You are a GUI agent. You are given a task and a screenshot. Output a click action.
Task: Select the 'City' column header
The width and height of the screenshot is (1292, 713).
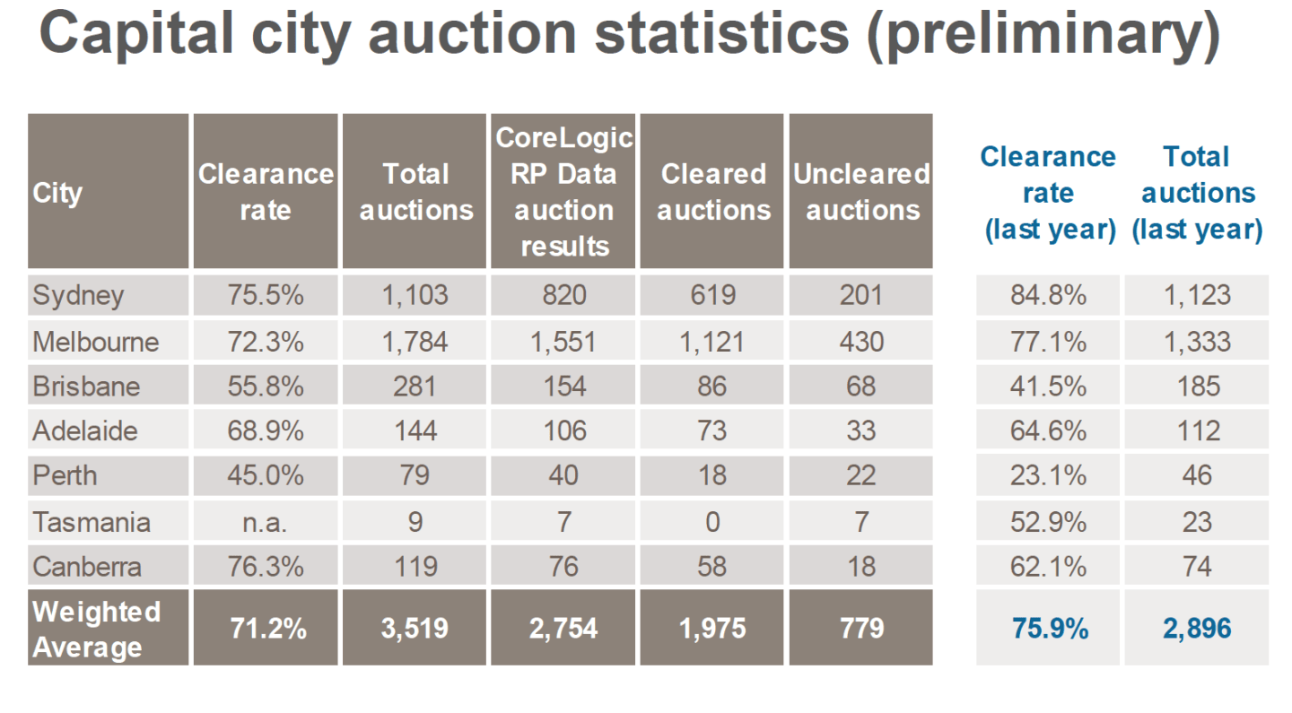57,193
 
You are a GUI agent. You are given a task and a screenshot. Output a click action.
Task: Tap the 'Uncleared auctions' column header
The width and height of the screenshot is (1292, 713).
861,192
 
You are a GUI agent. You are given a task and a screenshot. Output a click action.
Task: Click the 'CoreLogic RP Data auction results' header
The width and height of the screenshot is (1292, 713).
563,192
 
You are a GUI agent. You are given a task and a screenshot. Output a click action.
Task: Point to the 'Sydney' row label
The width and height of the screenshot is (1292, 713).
78,295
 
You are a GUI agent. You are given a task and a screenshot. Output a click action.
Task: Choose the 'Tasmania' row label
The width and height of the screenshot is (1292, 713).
91,522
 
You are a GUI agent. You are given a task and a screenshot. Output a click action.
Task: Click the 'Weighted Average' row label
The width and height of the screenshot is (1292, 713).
96,629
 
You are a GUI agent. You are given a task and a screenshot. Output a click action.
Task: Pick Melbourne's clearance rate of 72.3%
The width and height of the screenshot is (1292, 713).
266,342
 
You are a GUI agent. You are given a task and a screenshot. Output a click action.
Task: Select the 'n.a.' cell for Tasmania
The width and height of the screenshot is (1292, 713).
266,522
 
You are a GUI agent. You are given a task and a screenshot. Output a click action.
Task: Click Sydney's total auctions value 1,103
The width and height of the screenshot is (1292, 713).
415,295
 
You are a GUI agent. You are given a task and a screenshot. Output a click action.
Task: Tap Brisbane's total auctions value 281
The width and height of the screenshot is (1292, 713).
415,387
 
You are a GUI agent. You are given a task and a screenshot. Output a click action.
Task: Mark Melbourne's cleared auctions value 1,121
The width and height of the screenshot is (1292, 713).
712,342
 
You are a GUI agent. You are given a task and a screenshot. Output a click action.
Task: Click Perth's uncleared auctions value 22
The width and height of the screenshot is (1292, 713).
861,475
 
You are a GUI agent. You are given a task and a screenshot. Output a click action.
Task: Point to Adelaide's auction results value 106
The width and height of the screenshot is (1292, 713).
563,431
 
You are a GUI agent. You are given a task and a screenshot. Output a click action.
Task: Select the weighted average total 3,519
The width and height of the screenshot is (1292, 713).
415,629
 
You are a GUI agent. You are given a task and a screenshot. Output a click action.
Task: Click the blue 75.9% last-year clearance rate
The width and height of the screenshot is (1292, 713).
1049,629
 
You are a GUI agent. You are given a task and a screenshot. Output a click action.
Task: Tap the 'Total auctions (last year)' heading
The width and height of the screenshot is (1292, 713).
1197,193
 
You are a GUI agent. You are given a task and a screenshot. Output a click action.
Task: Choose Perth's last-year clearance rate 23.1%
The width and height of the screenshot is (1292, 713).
1049,475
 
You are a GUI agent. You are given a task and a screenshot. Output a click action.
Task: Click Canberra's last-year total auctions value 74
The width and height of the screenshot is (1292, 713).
1197,567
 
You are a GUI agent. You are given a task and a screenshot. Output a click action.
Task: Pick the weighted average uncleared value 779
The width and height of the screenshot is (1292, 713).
861,629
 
